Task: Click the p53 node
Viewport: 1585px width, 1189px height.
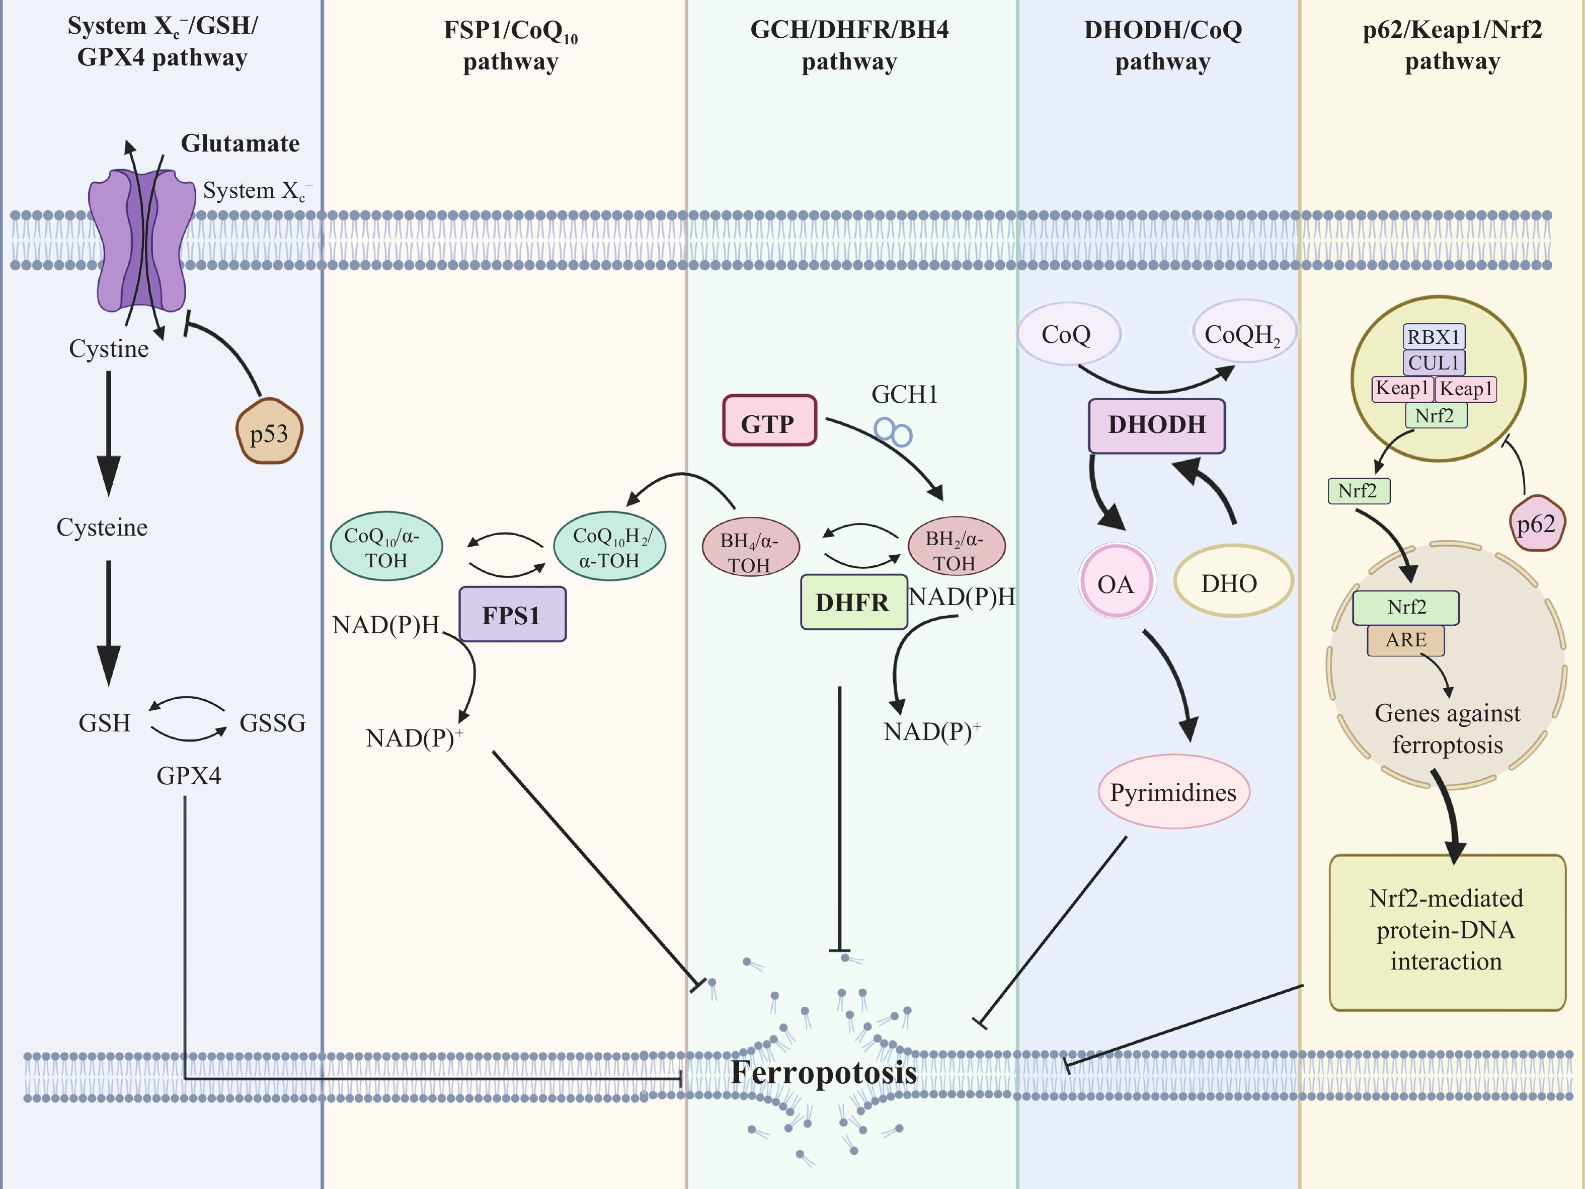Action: click(269, 432)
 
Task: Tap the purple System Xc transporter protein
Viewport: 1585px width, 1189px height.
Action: click(142, 240)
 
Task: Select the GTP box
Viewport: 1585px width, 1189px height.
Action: click(769, 421)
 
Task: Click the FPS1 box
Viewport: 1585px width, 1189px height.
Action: click(512, 614)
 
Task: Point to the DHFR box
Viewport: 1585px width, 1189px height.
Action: click(853, 602)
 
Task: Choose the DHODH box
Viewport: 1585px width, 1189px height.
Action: click(1156, 425)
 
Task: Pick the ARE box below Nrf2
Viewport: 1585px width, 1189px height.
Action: click(1405, 640)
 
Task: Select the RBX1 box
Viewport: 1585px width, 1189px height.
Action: click(1433, 337)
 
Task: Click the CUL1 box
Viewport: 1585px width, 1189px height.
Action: click(1433, 362)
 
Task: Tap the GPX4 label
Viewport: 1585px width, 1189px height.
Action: click(189, 775)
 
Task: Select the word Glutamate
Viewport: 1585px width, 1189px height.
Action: click(240, 143)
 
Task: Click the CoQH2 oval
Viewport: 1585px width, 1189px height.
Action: click(1243, 333)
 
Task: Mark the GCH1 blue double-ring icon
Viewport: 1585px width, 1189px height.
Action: click(893, 432)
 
